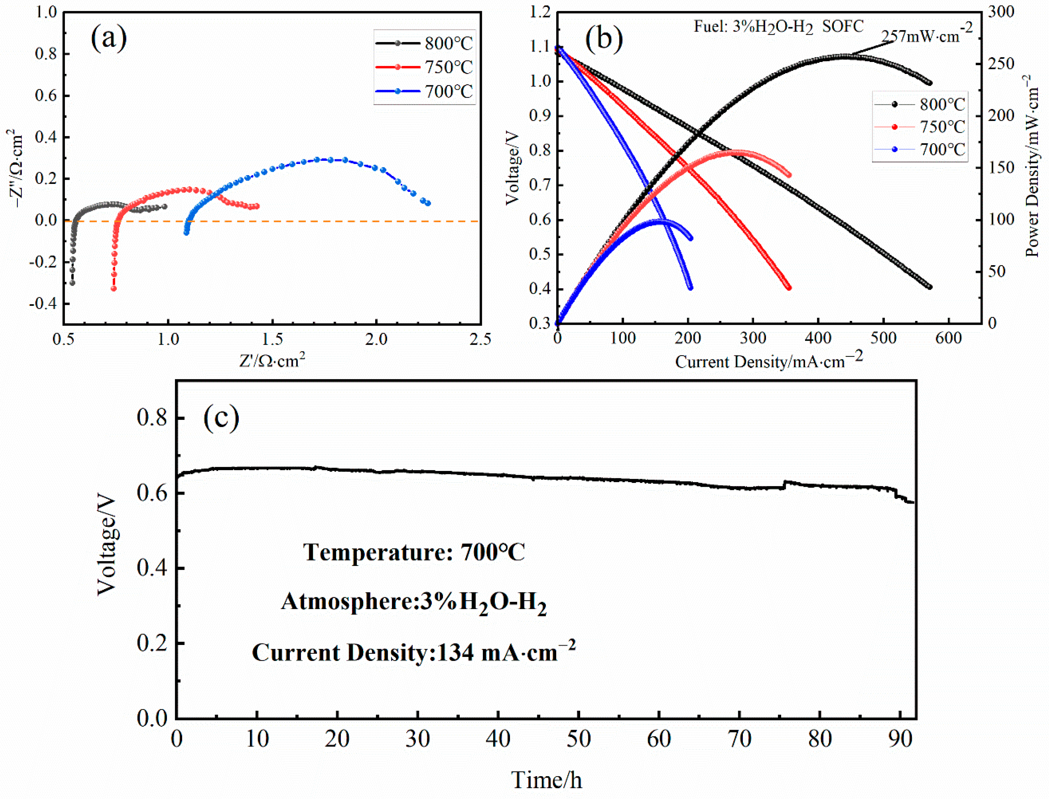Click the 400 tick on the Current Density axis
pos(818,338)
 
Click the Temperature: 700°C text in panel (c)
pos(414,552)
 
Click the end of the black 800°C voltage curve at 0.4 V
pos(930,287)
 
